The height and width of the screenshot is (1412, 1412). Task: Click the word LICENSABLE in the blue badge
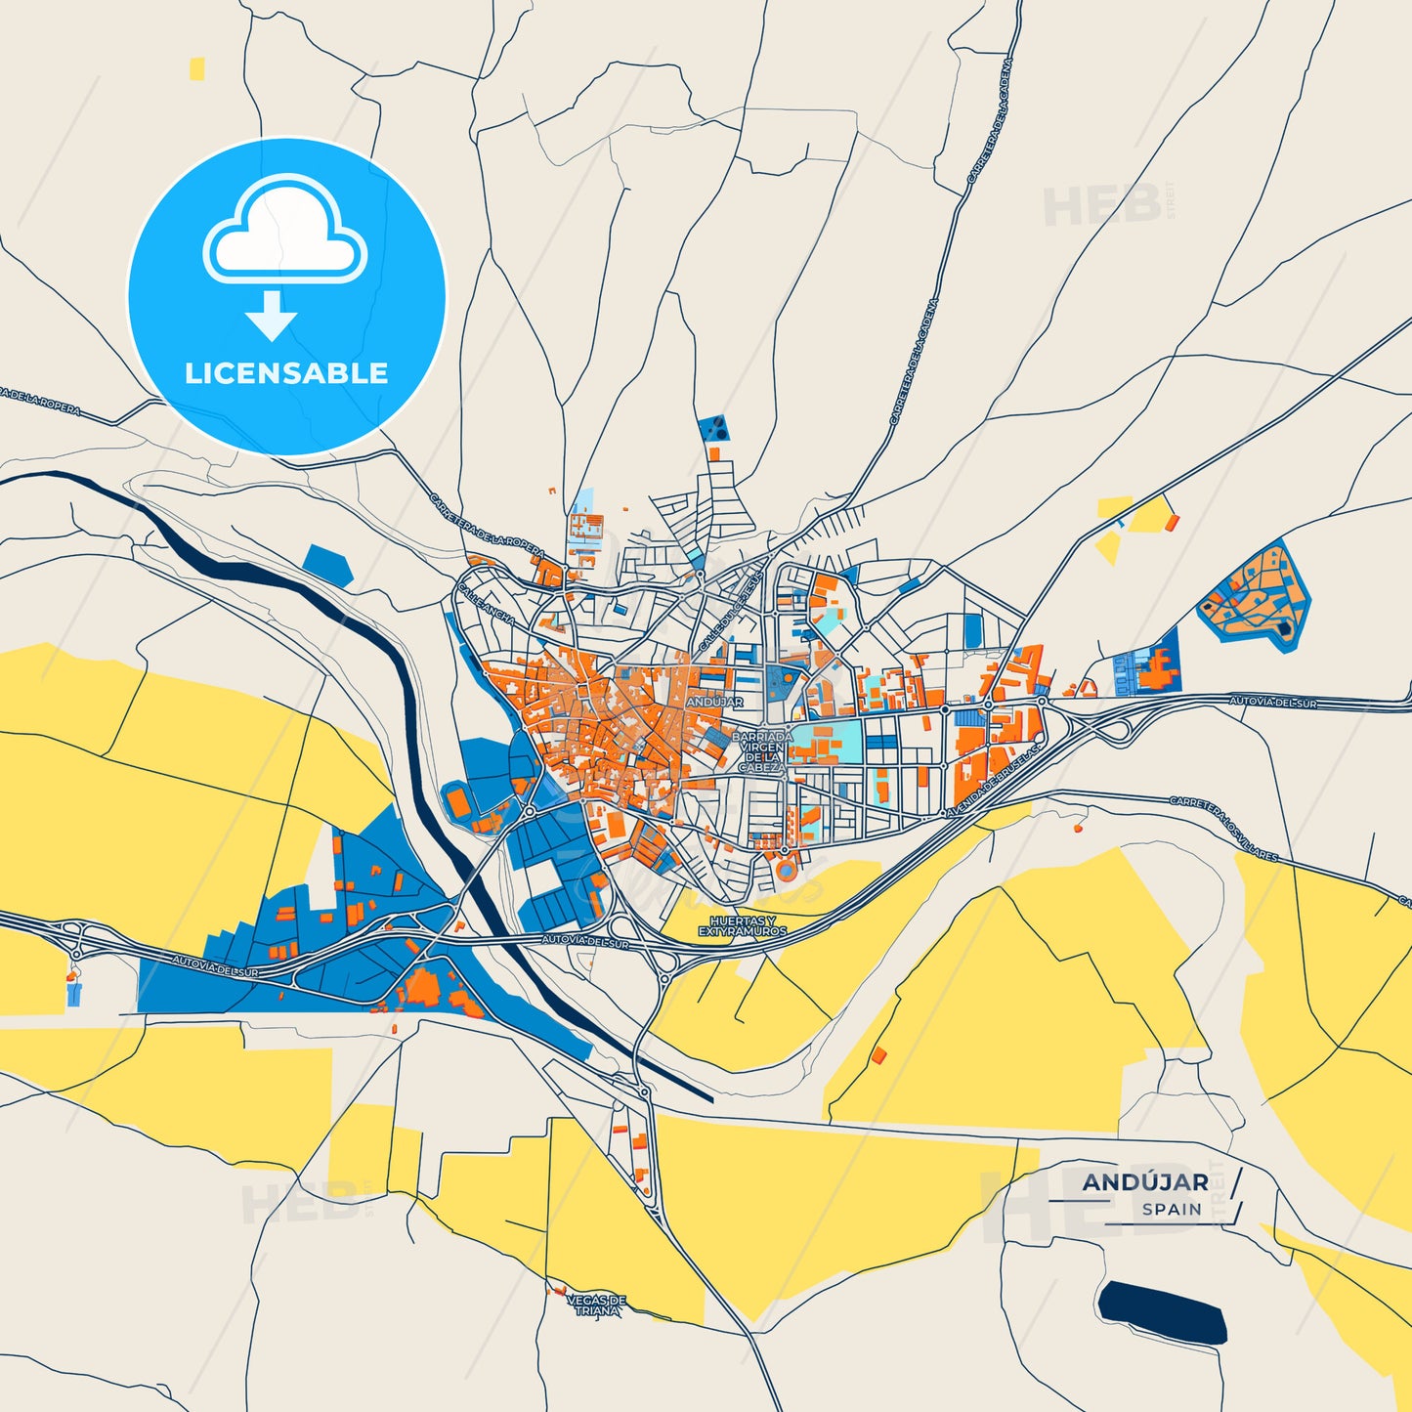[x=286, y=373]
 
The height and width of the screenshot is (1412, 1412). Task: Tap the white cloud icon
[x=284, y=233]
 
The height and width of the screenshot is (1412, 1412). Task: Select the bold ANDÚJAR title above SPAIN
[x=1145, y=1182]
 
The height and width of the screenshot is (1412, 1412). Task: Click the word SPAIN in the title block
[x=1172, y=1209]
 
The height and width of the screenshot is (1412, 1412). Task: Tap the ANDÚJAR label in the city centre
[x=714, y=702]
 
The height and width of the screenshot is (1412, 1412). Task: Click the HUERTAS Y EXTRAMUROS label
[x=743, y=926]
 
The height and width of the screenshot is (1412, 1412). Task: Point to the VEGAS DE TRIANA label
[x=596, y=1305]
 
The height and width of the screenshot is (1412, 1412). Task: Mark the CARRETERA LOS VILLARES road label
[x=1223, y=828]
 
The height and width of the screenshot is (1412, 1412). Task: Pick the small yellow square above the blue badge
[x=197, y=68]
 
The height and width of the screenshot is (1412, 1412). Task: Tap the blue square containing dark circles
[x=713, y=428]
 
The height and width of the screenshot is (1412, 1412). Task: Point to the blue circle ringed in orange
[x=786, y=869]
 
